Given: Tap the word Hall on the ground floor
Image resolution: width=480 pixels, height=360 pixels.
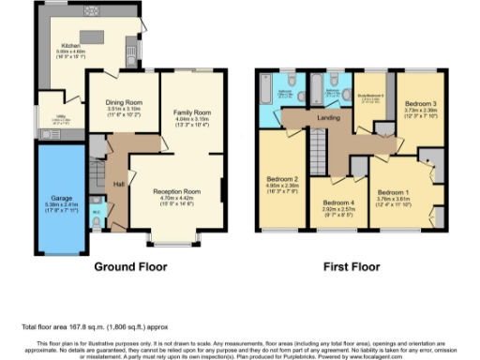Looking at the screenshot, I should (119, 185).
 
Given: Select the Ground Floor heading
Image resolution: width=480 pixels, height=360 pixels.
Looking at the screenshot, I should (127, 266).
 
